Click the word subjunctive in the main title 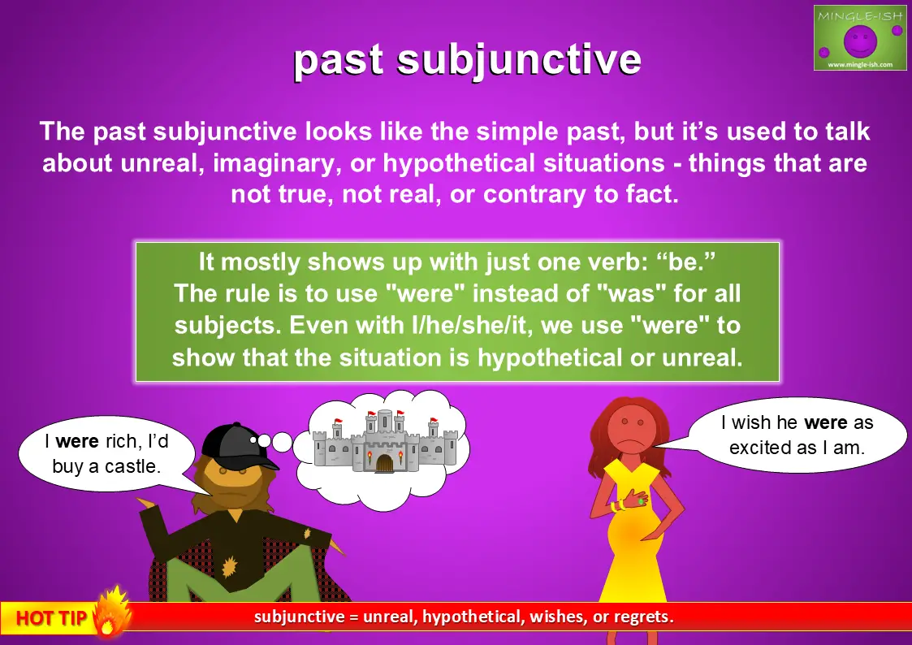(519, 60)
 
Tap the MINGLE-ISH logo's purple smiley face (860, 40)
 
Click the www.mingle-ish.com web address (860, 64)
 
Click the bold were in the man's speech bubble (77, 441)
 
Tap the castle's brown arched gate (384, 463)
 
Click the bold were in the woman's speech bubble (825, 423)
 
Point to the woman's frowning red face (630, 430)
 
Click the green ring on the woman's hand (641, 500)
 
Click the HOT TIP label (52, 617)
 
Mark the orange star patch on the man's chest (231, 566)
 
